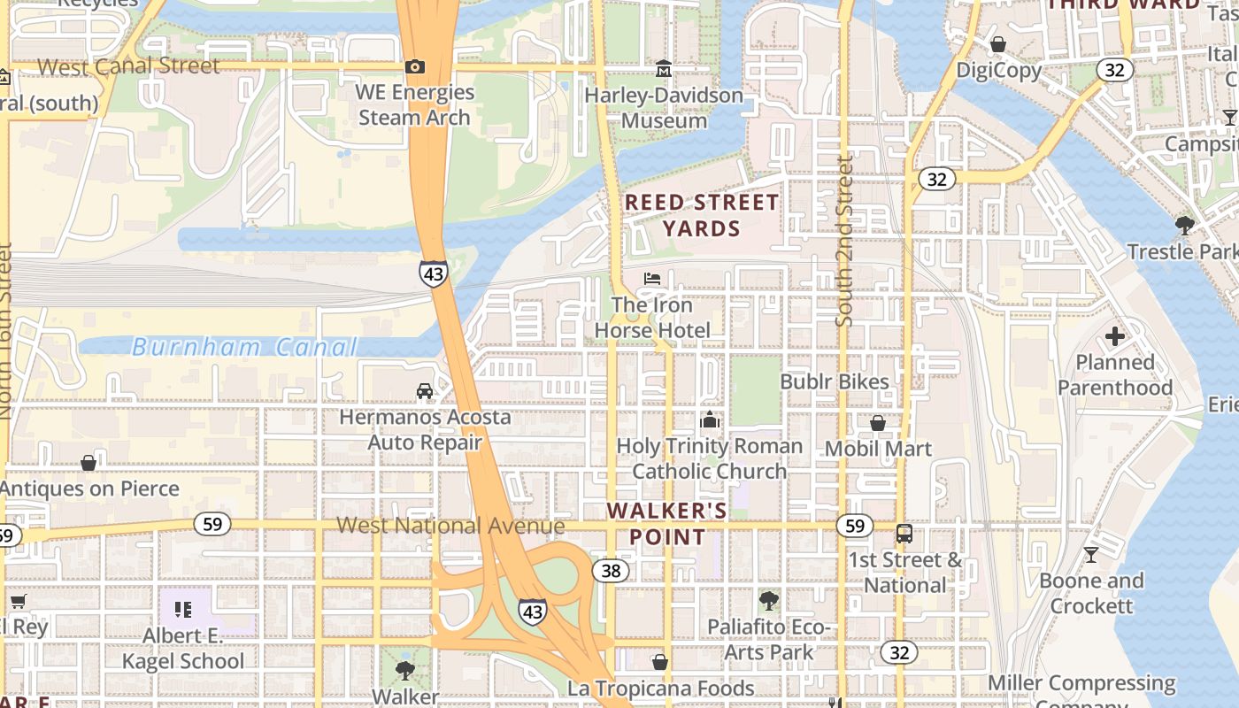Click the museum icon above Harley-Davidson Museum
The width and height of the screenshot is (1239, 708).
click(664, 68)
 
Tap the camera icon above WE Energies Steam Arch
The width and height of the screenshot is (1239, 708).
click(414, 66)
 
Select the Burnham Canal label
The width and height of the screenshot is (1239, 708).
click(244, 347)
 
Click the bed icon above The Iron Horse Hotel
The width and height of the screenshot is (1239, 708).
click(652, 279)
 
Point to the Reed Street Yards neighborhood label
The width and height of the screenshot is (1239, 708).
click(702, 215)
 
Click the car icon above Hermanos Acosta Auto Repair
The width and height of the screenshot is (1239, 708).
click(425, 391)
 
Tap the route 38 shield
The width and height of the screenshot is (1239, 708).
click(611, 570)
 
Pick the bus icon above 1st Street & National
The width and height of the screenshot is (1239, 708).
click(904, 534)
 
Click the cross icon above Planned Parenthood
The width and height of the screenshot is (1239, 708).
click(1115, 336)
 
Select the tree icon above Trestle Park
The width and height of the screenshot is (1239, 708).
click(1185, 226)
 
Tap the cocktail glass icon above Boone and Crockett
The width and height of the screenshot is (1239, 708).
click(1091, 555)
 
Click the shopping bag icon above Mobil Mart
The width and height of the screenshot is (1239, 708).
click(878, 423)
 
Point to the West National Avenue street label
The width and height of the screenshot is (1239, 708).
click(450, 526)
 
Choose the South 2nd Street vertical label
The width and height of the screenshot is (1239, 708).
click(844, 241)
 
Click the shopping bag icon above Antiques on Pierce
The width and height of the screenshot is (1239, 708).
click(88, 463)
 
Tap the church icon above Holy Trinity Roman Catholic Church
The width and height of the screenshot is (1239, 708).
click(709, 419)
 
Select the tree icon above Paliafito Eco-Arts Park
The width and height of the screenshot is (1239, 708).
click(768, 601)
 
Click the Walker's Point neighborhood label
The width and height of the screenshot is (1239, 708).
click(668, 523)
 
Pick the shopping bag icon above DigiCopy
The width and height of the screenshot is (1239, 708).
click(998, 44)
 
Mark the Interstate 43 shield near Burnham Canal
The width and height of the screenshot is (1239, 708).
click(434, 273)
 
